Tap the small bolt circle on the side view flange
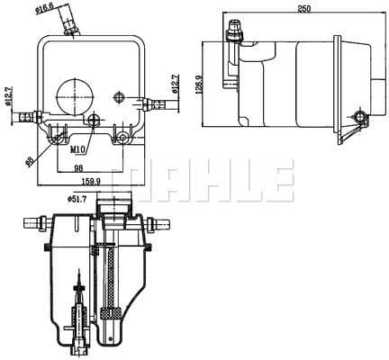[x=362, y=117]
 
